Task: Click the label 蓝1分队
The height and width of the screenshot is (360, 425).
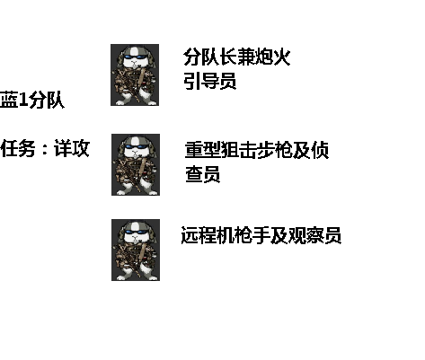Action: [x=32, y=100]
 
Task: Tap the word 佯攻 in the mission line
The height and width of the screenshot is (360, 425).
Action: [x=72, y=148]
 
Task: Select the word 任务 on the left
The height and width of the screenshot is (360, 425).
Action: [x=18, y=148]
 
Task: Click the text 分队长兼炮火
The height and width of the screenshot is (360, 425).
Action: [x=237, y=57]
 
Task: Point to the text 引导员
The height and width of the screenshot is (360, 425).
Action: [x=210, y=80]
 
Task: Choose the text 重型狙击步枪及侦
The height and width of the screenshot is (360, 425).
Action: [x=257, y=150]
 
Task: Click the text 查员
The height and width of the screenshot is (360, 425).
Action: [x=203, y=174]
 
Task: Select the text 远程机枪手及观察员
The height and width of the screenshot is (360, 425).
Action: [x=261, y=235]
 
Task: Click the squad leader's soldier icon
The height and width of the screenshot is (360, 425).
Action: [x=135, y=75]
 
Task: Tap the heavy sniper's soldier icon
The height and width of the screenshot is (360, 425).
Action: [x=136, y=164]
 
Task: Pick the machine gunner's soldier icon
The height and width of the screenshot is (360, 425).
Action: [x=136, y=250]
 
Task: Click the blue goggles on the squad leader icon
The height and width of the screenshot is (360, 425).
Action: [x=136, y=57]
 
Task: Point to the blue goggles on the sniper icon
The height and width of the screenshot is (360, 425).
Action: [x=137, y=147]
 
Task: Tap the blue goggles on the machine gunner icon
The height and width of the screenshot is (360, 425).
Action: [x=137, y=233]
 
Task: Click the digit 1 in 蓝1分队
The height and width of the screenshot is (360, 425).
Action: [x=23, y=101]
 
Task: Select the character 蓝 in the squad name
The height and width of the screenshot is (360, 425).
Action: [x=9, y=100]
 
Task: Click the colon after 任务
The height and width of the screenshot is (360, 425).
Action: [x=45, y=149]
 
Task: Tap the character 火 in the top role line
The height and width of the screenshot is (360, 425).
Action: [x=281, y=57]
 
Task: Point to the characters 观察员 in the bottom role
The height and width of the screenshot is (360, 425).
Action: [x=314, y=235]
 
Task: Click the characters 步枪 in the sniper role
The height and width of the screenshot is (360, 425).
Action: [x=275, y=150]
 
